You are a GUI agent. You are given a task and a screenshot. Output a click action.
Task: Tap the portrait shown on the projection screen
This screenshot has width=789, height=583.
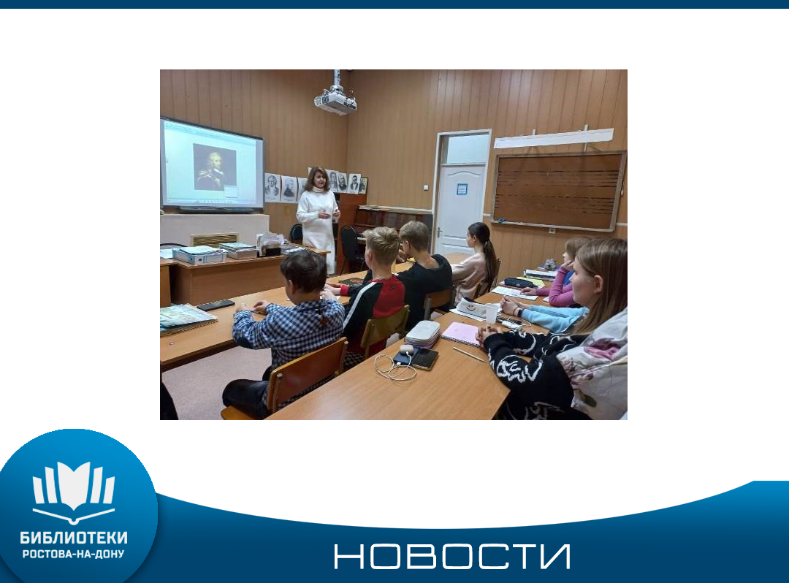[x=215, y=167]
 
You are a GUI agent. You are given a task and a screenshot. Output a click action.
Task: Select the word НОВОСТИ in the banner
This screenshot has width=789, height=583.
[x=452, y=557]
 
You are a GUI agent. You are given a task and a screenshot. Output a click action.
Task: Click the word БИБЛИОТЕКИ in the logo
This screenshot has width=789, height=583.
[x=74, y=538]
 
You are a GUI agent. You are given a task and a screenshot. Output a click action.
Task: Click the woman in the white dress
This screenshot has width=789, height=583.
[x=318, y=217]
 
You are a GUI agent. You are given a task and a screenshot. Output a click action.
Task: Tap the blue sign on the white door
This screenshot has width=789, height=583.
[x=462, y=189]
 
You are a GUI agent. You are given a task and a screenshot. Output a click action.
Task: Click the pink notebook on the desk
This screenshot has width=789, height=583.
[x=461, y=334]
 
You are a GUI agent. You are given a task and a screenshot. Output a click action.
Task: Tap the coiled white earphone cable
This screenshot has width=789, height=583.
[x=395, y=367]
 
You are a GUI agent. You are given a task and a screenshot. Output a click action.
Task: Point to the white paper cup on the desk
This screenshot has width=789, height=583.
[x=492, y=313]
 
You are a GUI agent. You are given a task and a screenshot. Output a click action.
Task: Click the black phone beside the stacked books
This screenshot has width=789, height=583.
[x=216, y=305]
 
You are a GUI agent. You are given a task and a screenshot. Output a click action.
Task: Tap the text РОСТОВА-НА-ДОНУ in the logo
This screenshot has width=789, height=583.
[x=74, y=555]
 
